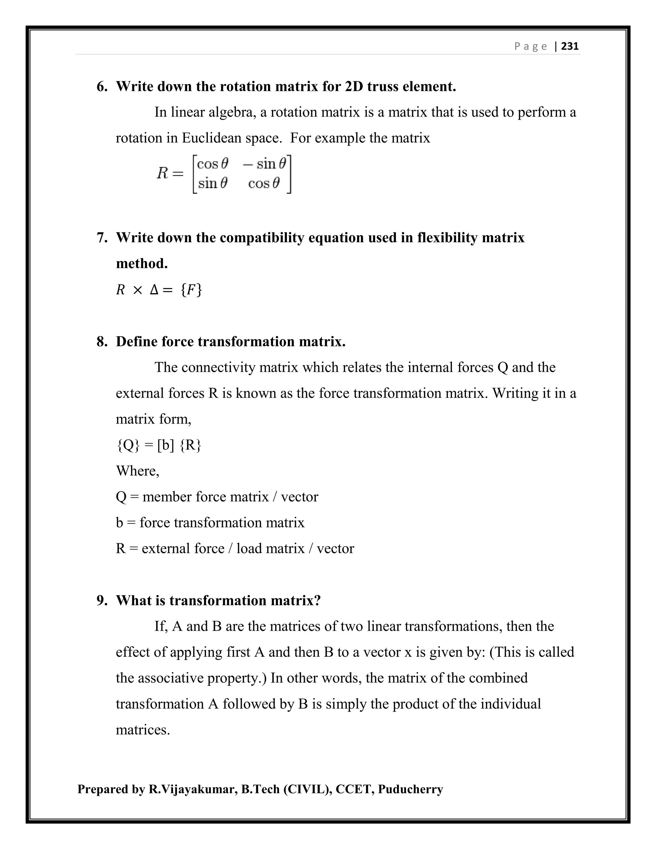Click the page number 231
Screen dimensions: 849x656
pos(570,46)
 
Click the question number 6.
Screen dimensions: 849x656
pos(102,86)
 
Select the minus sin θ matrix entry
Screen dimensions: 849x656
pos(265,164)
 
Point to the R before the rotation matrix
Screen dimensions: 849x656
pos(162,173)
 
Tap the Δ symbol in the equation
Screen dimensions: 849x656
pos(154,290)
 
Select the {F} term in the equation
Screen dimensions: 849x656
pos(191,290)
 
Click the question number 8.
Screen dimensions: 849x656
pos(102,342)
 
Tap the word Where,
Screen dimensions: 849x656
pos(137,471)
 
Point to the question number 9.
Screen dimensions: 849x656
pos(102,601)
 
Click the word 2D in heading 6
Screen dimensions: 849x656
pos(354,86)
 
